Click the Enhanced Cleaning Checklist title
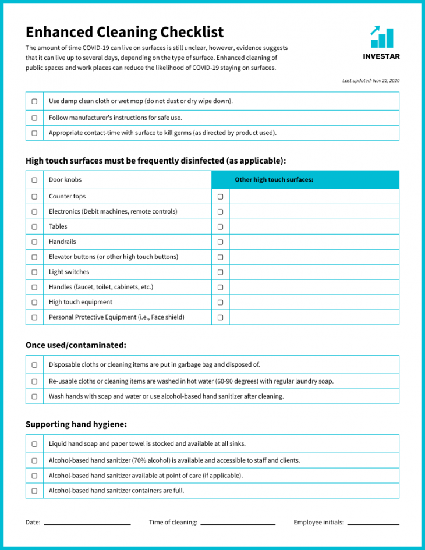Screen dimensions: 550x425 [x=125, y=32]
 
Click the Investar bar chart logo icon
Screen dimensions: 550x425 [x=381, y=37]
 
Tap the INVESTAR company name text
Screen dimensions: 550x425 [x=381, y=56]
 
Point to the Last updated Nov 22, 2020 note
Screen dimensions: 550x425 [x=371, y=81]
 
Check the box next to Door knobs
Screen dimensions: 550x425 [x=34, y=180]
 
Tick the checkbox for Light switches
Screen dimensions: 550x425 [x=34, y=272]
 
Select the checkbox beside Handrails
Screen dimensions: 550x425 [x=34, y=242]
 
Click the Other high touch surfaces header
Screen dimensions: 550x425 [x=274, y=180]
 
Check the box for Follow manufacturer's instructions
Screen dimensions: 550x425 [x=34, y=118]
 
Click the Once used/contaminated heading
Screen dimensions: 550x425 [x=76, y=345]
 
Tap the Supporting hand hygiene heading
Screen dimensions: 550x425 [x=76, y=424]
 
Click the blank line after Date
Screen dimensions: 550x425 [x=87, y=523]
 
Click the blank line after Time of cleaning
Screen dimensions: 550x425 [x=238, y=523]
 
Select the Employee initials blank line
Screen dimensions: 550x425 [x=373, y=523]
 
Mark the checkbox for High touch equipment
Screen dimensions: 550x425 [x=34, y=302]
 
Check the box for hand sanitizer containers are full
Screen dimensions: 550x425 [x=34, y=491]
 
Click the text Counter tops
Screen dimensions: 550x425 [x=67, y=196]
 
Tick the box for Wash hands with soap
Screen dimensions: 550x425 [x=34, y=396]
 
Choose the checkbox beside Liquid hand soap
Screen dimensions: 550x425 [x=34, y=444]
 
